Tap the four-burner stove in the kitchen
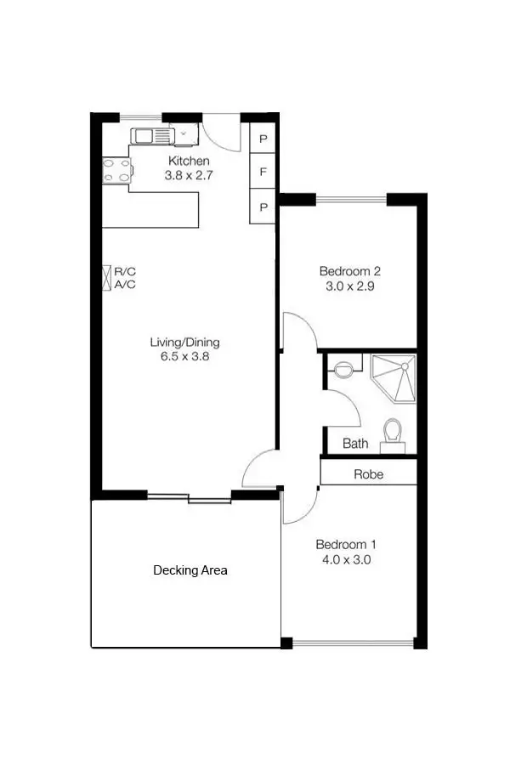tap(116, 171)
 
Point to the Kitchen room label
tap(189, 161)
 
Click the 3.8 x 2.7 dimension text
tap(188, 176)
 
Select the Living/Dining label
tap(184, 343)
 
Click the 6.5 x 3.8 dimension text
tap(184, 357)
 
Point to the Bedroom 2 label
tap(349, 271)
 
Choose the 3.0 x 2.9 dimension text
tap(349, 286)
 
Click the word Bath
tap(355, 444)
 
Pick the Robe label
tap(368, 474)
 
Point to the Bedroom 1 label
tap(346, 545)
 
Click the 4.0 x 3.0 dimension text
tap(346, 560)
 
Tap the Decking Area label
tap(190, 570)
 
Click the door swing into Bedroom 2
tap(297, 330)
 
